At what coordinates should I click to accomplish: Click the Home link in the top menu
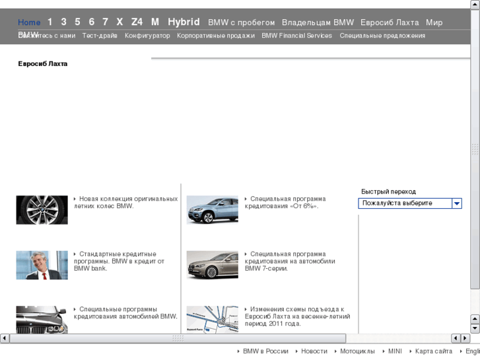[x=29, y=22]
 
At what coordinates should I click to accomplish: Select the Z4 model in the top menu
[x=137, y=22]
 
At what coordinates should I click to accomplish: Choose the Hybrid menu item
[x=184, y=22]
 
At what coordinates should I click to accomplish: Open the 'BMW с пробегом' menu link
[x=241, y=22]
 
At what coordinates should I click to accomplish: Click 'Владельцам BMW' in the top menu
[x=318, y=22]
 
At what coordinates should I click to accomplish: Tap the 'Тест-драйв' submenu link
[x=100, y=36]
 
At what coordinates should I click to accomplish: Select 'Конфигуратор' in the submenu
[x=147, y=36]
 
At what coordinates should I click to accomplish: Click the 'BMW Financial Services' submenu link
[x=296, y=36]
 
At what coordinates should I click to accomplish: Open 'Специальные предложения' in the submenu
[x=382, y=36]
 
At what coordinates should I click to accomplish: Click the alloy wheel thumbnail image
[x=42, y=209]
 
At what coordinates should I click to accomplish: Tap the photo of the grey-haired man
[x=42, y=265]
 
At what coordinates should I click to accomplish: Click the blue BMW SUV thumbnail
[x=212, y=209]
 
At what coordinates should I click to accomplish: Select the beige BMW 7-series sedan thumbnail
[x=212, y=265]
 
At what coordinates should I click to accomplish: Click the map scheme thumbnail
[x=212, y=318]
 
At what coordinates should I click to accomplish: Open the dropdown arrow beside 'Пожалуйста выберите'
[x=456, y=203]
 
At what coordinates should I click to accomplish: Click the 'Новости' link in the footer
[x=314, y=351]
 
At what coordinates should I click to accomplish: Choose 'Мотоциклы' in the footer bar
[x=357, y=351]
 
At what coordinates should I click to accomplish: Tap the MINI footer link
[x=395, y=351]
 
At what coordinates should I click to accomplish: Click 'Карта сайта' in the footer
[x=434, y=351]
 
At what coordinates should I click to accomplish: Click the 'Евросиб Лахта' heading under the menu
[x=43, y=64]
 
